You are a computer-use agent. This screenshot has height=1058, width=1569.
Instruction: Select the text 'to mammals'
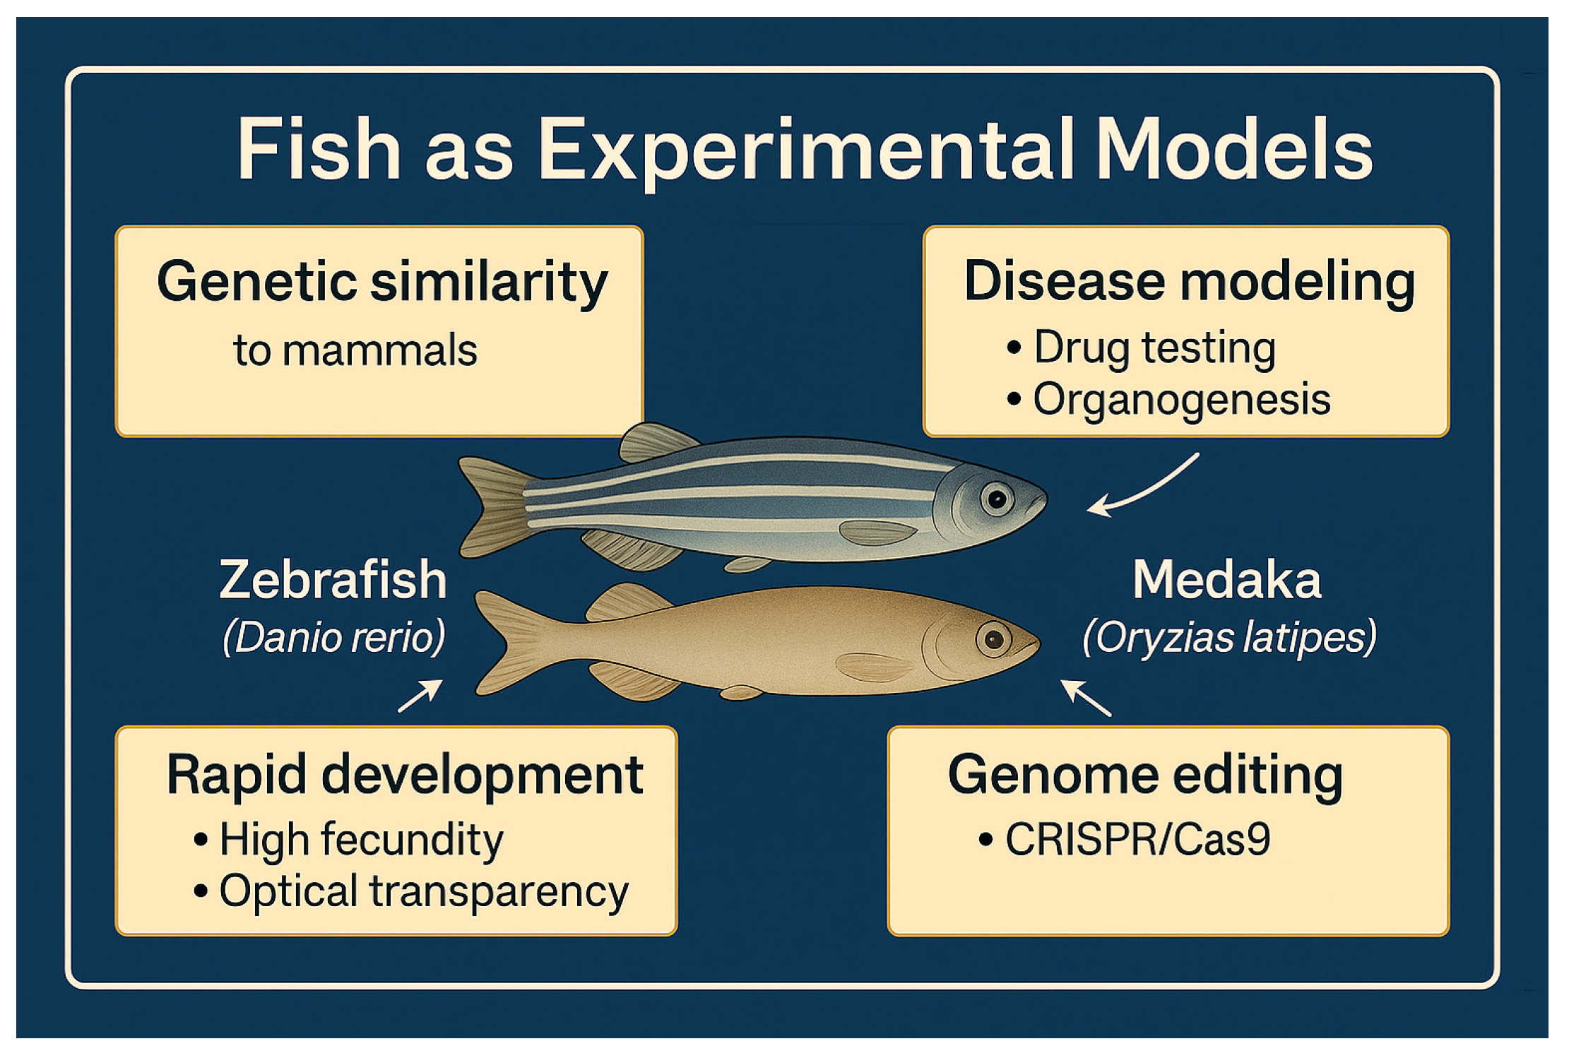(355, 350)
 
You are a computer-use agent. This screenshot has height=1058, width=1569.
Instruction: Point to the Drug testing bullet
(1141, 349)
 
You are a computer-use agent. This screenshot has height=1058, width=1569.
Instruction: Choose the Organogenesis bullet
(1168, 400)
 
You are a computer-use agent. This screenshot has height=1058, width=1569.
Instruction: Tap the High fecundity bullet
(348, 840)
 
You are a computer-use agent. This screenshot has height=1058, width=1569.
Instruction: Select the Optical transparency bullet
(410, 892)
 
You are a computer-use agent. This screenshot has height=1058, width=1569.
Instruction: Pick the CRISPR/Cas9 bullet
(1125, 840)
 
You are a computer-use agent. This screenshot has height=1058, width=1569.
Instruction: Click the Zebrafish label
(333, 580)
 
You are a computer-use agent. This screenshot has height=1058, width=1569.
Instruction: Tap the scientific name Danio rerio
(334, 637)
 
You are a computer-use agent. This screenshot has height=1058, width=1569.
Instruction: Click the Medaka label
(1226, 580)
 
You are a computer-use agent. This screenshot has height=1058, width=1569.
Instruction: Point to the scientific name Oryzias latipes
(1230, 638)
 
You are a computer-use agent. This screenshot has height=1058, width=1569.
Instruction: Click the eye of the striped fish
(997, 499)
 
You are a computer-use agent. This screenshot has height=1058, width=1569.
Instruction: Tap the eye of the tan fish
(993, 640)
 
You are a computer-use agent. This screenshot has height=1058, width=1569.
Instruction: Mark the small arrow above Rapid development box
(421, 696)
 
